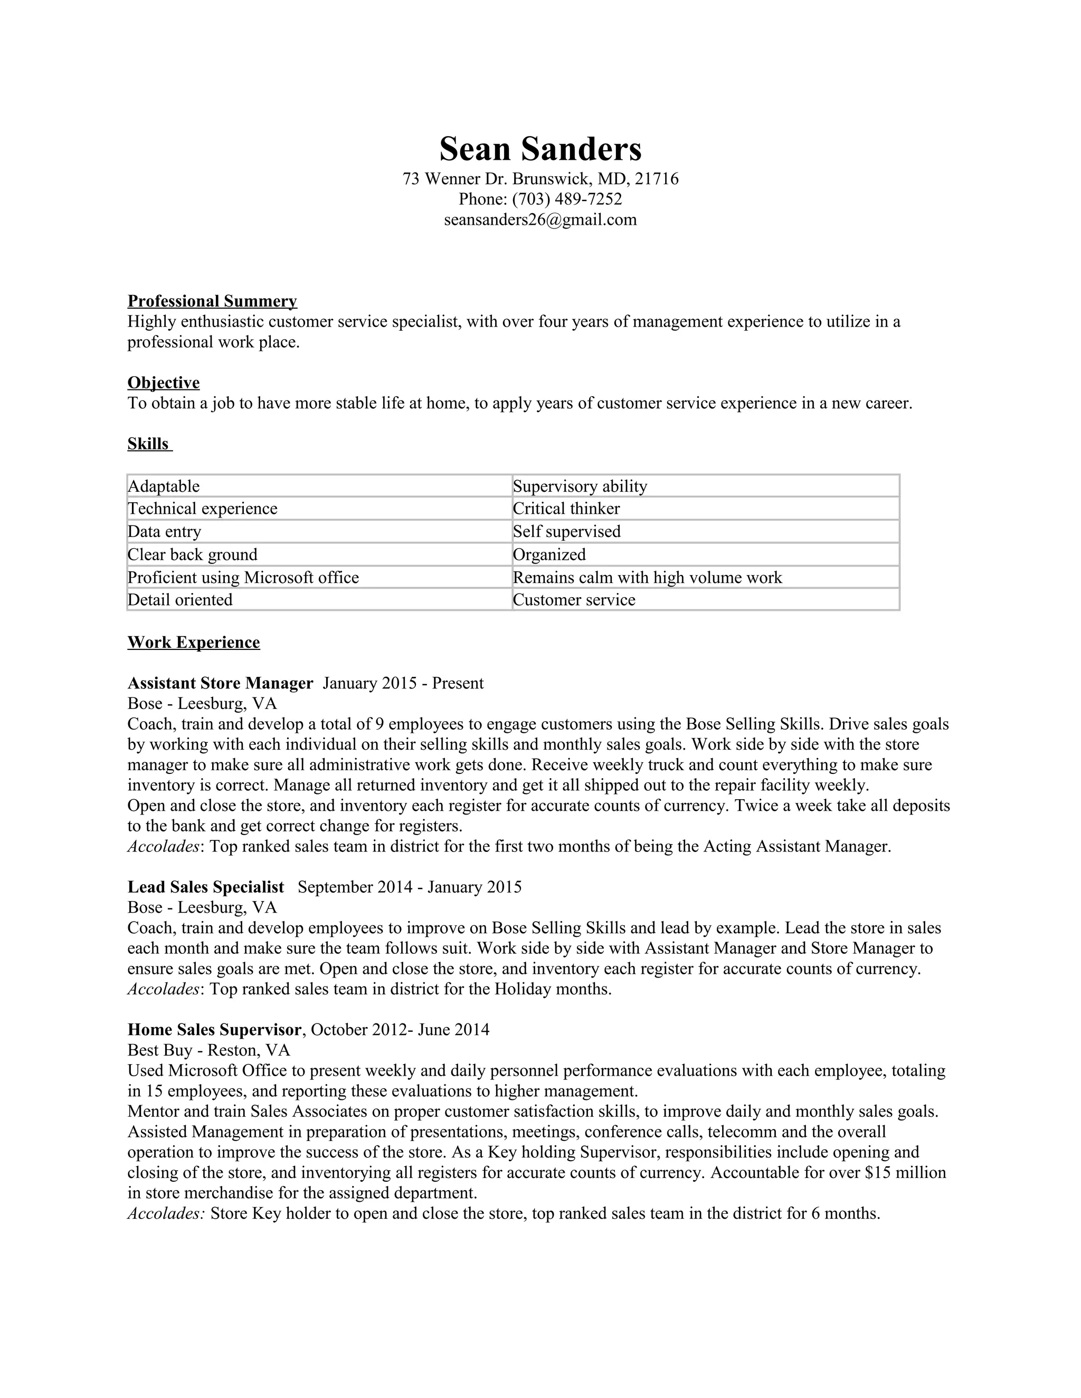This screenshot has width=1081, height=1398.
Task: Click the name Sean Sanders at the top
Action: (x=540, y=149)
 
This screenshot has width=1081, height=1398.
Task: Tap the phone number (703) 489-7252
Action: (x=567, y=199)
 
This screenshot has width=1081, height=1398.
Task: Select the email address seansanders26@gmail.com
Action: (x=540, y=219)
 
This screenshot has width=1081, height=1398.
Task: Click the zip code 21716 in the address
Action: (x=657, y=179)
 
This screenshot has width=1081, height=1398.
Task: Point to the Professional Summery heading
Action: (x=212, y=301)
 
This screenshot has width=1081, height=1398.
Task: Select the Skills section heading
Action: (x=148, y=444)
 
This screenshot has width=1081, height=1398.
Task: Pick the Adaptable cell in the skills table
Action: (x=164, y=486)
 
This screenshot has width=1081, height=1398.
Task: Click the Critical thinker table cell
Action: (x=566, y=509)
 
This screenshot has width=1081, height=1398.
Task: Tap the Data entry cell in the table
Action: (x=165, y=532)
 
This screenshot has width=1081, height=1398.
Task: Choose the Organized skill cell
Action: (x=549, y=554)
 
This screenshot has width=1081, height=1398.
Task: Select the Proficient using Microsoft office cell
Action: (x=243, y=577)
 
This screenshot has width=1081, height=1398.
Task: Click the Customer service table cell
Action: (x=574, y=600)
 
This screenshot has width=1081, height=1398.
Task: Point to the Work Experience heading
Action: (x=193, y=642)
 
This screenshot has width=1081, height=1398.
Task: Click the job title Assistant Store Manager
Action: (x=220, y=683)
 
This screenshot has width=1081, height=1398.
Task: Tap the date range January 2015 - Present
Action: (x=403, y=683)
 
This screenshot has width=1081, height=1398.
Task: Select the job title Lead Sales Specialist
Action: (x=205, y=887)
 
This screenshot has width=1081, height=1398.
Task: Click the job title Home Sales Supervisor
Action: (x=214, y=1029)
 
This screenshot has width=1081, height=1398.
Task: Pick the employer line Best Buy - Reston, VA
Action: (x=209, y=1050)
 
